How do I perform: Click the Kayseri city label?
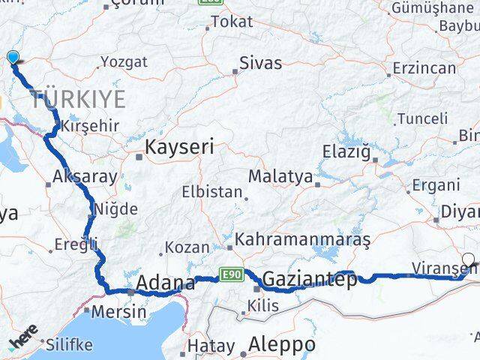click(179, 148)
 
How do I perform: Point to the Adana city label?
click(163, 284)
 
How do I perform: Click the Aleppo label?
click(283, 345)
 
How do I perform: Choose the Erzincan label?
click(425, 68)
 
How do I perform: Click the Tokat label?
click(232, 22)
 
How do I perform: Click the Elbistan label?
click(213, 192)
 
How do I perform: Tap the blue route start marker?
click(13, 56)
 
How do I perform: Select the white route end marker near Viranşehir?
click(469, 261)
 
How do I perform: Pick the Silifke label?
click(69, 345)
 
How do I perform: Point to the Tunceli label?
click(422, 118)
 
